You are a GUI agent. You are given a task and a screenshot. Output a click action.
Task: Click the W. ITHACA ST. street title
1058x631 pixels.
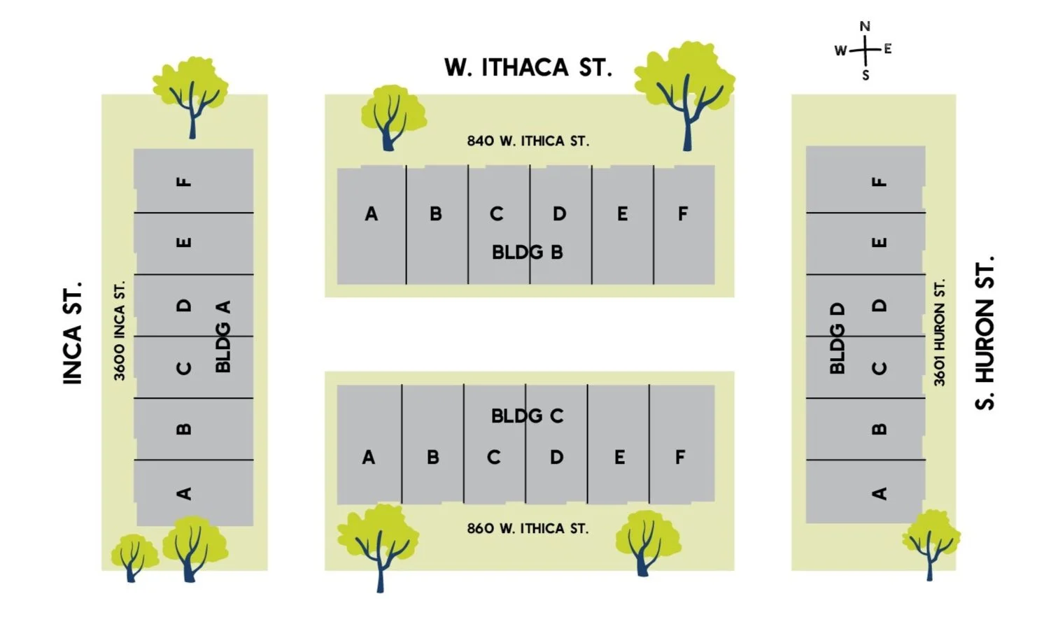528,67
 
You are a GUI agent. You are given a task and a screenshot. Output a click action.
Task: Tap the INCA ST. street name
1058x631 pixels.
73,332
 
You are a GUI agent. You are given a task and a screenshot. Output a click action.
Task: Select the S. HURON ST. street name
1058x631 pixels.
985,332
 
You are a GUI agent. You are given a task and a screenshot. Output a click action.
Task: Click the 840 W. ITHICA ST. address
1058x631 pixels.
528,141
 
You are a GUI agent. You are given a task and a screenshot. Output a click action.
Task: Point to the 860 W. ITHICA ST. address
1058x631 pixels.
528,528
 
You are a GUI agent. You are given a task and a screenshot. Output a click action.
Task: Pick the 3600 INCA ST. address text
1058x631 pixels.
120,330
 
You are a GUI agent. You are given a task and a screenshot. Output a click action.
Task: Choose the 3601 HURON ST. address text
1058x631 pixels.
939,332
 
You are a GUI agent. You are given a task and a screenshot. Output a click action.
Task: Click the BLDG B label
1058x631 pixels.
528,252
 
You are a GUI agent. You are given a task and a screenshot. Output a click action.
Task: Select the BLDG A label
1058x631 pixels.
223,336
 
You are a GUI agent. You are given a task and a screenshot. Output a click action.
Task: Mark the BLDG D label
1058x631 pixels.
838,339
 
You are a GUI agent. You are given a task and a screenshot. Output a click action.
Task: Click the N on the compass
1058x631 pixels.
866,27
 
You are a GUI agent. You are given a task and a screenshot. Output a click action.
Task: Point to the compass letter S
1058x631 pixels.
866,75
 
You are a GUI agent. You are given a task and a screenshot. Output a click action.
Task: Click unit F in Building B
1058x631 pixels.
683,213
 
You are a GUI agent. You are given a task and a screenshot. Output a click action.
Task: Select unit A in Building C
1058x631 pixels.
369,458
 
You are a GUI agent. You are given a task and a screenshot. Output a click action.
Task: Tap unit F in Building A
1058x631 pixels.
183,182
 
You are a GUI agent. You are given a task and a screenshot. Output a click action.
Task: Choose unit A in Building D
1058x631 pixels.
880,493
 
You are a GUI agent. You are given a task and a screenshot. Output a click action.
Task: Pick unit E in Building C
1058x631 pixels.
619,458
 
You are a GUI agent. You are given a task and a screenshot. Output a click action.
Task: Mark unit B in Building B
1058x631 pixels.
435,214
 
